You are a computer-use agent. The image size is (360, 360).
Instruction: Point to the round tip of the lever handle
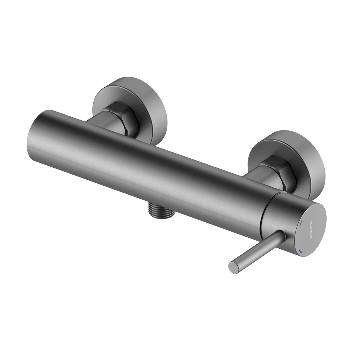(233, 265)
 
